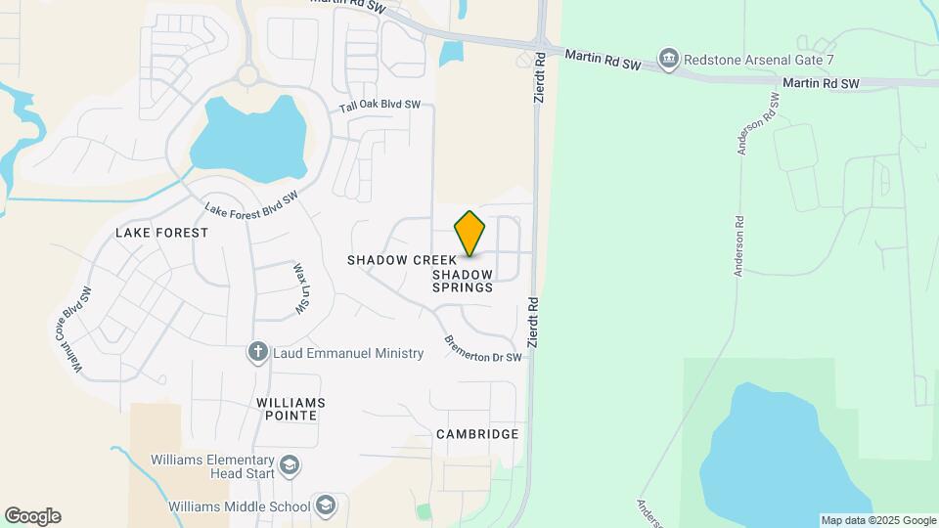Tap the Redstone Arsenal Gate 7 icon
669,60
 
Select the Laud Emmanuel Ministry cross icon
258,353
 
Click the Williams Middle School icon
326,506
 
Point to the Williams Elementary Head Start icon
289,465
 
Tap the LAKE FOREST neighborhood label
162,233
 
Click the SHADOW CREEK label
401,260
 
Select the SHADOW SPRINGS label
463,282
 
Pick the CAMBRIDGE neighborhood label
477,434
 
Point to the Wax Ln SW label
301,288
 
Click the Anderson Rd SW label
757,124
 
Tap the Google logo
32,516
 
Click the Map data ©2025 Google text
877,520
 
